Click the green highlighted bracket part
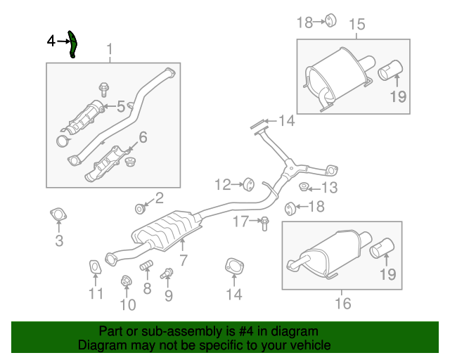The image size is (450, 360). coord(72,44)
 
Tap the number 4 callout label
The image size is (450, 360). coord(51,42)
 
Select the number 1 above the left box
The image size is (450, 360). coord(110,49)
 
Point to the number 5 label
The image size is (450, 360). coord(121,107)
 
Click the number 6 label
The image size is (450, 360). coord(143,137)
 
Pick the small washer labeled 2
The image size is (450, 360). coord(140,209)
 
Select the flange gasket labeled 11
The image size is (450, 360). coord(94,266)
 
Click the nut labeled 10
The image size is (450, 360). coord(126,281)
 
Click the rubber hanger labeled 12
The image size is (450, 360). coord(247,185)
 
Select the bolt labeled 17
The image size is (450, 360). coord(264,224)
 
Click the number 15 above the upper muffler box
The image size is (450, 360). coord(356,25)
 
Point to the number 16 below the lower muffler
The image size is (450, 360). coord(342,304)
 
